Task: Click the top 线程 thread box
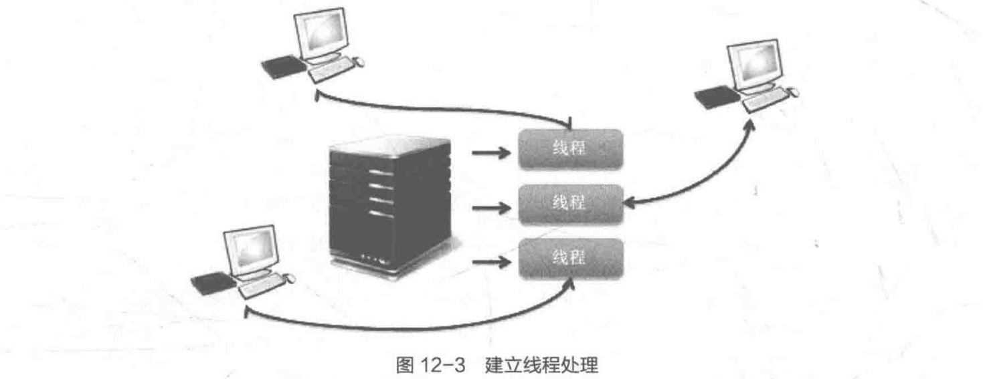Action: tap(571, 148)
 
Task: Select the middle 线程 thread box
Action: tap(571, 203)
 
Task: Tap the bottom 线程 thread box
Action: tap(571, 258)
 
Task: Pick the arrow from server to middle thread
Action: tap(491, 209)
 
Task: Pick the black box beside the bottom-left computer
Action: tap(213, 283)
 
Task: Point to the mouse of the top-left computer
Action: tap(359, 61)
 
